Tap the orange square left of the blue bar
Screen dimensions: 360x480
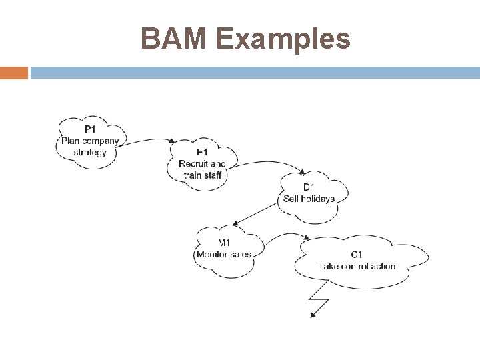click(14, 72)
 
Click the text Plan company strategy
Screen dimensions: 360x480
click(90, 146)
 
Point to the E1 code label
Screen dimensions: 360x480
click(202, 152)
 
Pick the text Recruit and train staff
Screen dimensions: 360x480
click(202, 169)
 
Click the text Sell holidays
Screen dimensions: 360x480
click(309, 199)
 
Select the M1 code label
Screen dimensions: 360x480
click(225, 243)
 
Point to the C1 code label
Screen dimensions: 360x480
click(357, 255)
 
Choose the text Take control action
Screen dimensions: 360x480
click(357, 266)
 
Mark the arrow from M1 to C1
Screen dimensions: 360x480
click(283, 237)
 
